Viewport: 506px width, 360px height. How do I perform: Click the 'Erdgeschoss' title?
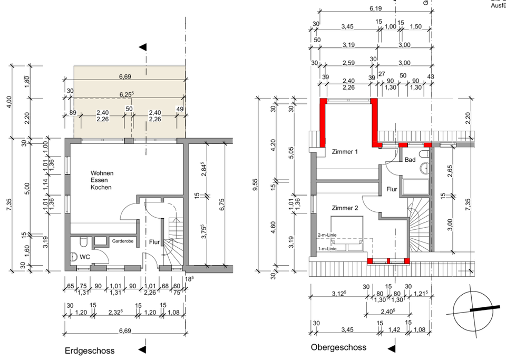(89, 351)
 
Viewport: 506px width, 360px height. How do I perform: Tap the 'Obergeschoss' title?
(338, 348)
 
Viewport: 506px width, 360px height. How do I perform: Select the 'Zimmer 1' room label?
(345, 152)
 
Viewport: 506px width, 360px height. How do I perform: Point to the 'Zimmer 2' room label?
(345, 208)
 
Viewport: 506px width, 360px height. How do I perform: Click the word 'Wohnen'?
(101, 173)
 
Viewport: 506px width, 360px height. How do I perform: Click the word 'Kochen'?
(101, 187)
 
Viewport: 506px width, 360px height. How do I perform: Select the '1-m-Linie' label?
(327, 248)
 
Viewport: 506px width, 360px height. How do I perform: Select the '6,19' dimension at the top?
(375, 9)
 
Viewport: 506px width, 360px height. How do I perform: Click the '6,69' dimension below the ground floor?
(124, 330)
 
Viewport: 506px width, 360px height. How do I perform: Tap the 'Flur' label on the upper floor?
(392, 189)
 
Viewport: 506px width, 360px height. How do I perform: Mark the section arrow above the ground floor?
(142, 47)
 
